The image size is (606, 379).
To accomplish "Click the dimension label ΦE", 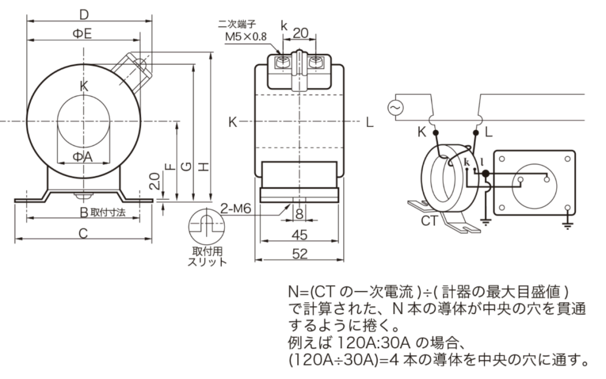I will [x=82, y=34].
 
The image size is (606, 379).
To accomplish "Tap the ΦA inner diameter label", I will [x=83, y=156].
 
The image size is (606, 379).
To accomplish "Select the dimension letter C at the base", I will [x=83, y=234].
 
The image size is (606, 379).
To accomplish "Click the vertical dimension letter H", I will [x=203, y=167].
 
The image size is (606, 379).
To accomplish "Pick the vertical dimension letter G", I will [x=186, y=167].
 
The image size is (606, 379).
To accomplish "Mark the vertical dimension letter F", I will [x=170, y=167].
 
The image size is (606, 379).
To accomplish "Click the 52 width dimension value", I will [x=300, y=253].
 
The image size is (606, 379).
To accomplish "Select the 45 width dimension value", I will [x=300, y=235].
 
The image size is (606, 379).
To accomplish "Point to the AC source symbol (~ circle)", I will [x=394, y=108].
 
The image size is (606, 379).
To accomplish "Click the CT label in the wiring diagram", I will [x=429, y=222].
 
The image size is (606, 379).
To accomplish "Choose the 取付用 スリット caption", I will [x=206, y=256].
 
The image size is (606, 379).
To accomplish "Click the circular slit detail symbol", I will [x=205, y=225].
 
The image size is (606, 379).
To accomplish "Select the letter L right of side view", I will [x=369, y=122].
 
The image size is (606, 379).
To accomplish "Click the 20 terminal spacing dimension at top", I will [x=301, y=34].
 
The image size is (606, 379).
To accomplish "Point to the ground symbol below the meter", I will [x=567, y=222].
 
